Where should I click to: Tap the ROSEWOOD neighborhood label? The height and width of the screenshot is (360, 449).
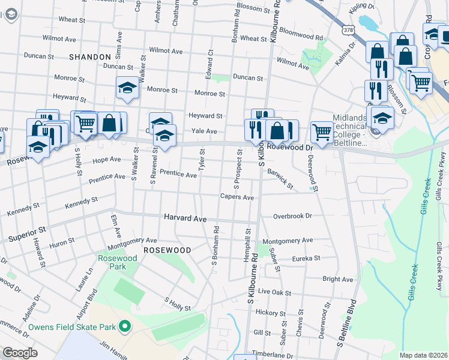click(x=166, y=250)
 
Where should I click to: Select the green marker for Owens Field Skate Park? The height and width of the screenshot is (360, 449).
click(x=125, y=326)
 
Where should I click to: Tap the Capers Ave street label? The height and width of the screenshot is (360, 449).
click(x=237, y=197)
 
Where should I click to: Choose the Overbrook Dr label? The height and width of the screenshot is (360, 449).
click(x=292, y=216)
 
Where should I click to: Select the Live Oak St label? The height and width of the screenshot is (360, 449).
click(x=274, y=293)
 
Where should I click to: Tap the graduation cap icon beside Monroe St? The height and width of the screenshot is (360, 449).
click(x=127, y=88)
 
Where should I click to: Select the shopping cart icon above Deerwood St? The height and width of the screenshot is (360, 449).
click(x=322, y=131)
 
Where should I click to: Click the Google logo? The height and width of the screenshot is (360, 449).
click(x=20, y=353)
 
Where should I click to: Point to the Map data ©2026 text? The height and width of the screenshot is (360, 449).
click(x=423, y=355)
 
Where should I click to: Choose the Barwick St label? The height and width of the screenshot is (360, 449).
click(x=281, y=182)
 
